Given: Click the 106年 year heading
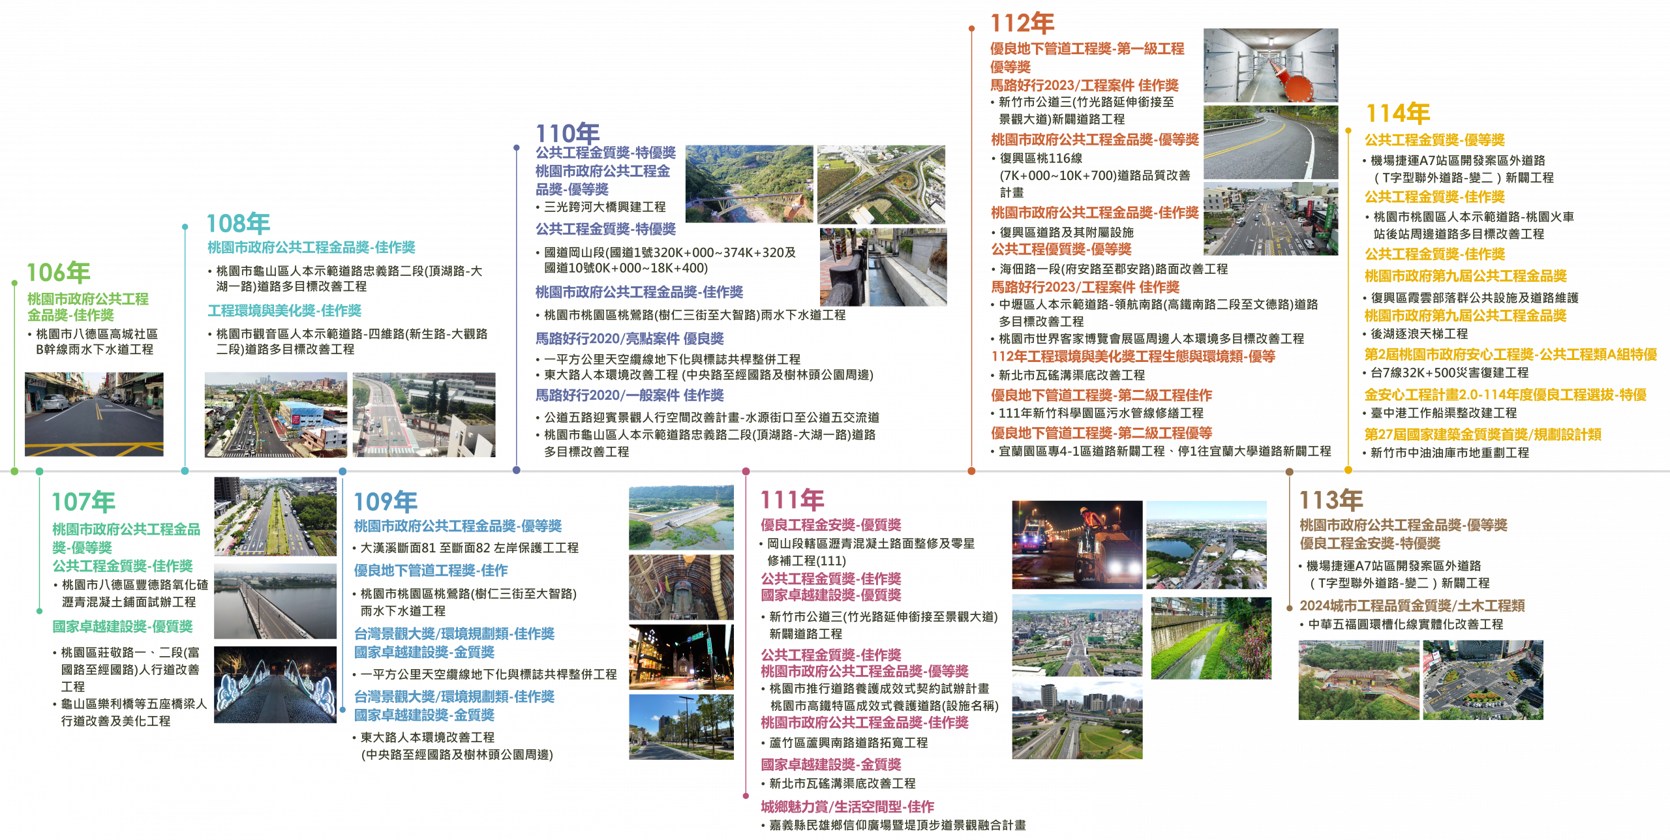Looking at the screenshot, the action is pos(58,273).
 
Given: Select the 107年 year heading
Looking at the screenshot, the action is pos(83,502).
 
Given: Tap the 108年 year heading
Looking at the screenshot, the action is pos(238,223).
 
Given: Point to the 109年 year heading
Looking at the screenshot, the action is pos(386,502).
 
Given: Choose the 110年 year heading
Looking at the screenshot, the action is pos(568,134).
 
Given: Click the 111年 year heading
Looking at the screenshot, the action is pos(793,500).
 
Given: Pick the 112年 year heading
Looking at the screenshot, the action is pos(1022,23).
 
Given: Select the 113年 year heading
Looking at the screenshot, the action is pos(1331,500).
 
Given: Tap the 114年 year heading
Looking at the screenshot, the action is pos(1398,113).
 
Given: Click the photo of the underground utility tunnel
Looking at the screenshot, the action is pos(1271,65).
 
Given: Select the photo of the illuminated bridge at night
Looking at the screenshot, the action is pos(275,684).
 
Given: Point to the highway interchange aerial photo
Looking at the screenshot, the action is pos(881,185).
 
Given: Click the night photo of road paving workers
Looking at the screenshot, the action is pos(1077,545).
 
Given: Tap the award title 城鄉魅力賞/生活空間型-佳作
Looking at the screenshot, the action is pos(847,807).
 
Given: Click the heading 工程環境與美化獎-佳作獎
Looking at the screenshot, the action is pos(284,310).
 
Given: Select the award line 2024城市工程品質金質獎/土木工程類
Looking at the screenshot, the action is pos(1412,605).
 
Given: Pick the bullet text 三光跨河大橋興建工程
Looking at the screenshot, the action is pos(605,207).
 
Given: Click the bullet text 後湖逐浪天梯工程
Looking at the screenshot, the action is pos(1419,334).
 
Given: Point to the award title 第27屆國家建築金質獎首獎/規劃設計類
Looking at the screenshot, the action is pos(1483,434).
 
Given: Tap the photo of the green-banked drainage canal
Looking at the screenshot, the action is pos(1211,638).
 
